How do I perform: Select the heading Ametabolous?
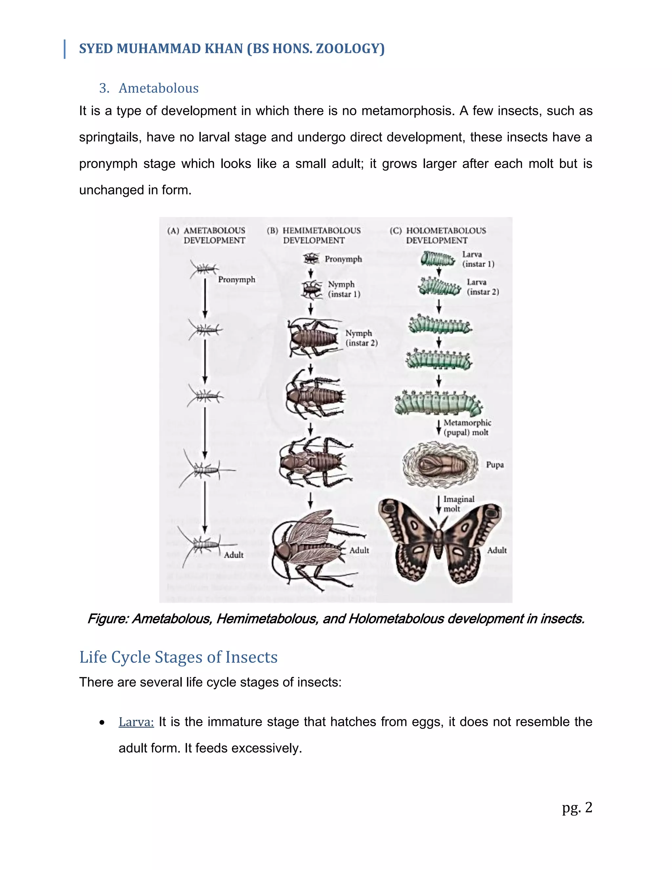tap(158, 88)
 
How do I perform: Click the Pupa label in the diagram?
tap(494, 465)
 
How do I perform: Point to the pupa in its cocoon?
tap(440, 465)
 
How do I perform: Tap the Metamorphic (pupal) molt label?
tap(467, 427)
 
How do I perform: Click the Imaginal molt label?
tap(459, 504)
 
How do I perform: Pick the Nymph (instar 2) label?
tap(361, 338)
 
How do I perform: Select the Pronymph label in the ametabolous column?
tap(237, 280)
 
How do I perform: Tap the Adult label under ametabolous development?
tap(234, 555)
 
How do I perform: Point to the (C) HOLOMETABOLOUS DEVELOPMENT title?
tap(438, 235)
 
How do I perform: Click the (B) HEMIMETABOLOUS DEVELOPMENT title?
tap(314, 235)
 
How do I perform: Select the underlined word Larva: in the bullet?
tap(136, 722)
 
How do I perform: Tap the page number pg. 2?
tap(577, 808)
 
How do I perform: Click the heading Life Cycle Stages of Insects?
tap(178, 657)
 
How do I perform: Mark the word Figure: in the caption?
tap(108, 619)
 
